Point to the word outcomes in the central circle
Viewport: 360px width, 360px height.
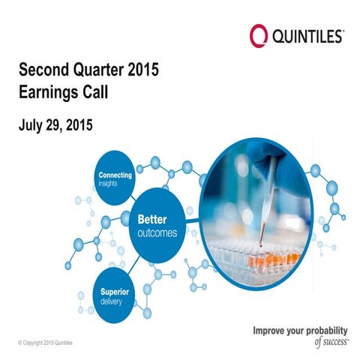(x=157, y=232)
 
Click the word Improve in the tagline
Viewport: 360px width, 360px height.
(x=271, y=330)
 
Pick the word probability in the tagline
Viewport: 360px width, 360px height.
(x=329, y=330)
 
